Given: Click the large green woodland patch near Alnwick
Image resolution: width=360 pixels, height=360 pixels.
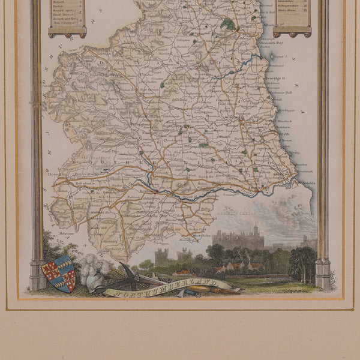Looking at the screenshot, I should click(227, 25).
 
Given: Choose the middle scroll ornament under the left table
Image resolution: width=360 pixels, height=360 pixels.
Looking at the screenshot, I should click(67, 34).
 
